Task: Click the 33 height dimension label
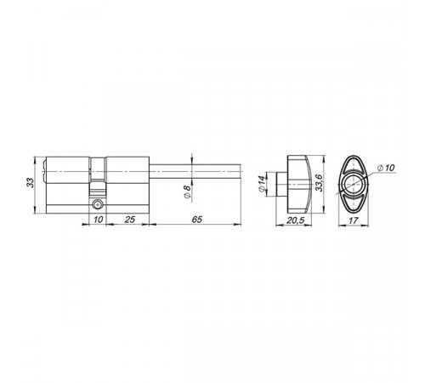(30, 182)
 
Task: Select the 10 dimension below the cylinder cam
(98, 220)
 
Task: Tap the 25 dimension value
(129, 220)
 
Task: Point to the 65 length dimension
(197, 220)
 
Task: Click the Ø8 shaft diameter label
(187, 191)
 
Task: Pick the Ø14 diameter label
(262, 184)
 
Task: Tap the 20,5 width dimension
(295, 220)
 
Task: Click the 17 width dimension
(354, 220)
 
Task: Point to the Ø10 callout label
(386, 168)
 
